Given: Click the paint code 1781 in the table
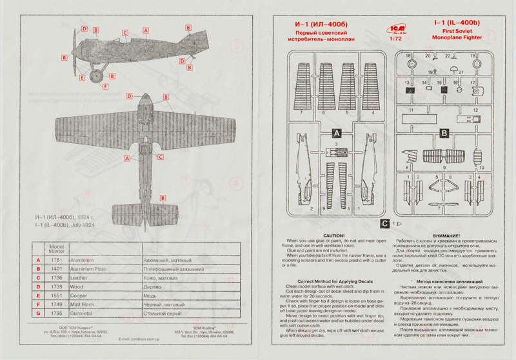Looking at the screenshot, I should (56, 260).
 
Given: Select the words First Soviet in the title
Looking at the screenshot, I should (459, 32).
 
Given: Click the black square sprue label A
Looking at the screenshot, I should (336, 132).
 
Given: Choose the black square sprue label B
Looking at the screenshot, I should (444, 134).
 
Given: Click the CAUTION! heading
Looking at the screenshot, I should (333, 237).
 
